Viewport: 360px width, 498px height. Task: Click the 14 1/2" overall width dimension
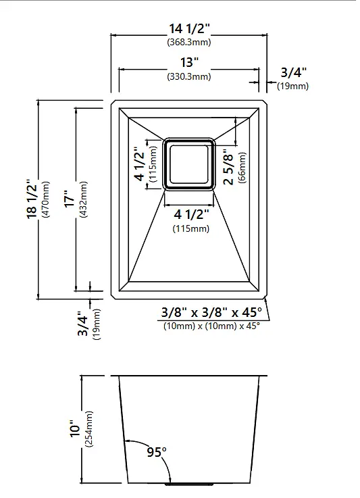(189, 28)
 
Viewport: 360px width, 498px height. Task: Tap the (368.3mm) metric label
(189, 43)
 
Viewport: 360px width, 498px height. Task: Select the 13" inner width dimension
(190, 62)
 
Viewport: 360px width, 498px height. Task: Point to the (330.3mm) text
(189, 76)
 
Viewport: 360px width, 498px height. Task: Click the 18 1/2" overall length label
(32, 199)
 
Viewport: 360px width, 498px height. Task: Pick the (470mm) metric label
(45, 199)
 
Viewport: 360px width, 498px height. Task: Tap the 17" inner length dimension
(70, 199)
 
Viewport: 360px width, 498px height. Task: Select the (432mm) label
(83, 199)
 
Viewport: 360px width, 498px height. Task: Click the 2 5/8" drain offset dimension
(228, 169)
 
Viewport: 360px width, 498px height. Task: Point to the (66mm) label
(242, 168)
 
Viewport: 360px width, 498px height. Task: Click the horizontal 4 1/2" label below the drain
(191, 215)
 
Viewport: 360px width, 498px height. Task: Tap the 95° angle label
(157, 452)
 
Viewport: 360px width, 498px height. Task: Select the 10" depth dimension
(76, 428)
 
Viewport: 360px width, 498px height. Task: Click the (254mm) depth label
(89, 429)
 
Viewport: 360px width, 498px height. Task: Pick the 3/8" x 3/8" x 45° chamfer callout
(211, 313)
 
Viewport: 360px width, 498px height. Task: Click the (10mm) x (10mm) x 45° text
(211, 326)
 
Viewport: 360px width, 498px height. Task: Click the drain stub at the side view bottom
(189, 484)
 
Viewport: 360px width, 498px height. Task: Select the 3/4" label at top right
(294, 73)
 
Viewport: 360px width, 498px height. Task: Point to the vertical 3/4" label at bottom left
(83, 323)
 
